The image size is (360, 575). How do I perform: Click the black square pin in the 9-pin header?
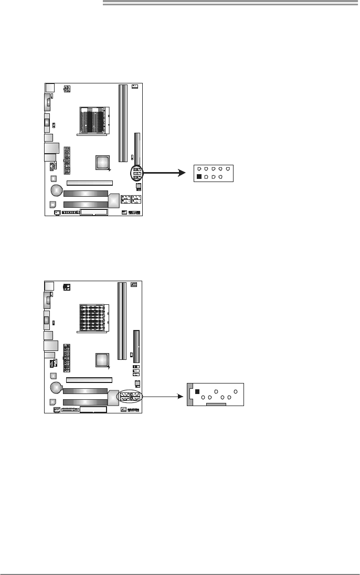pyautogui.click(x=198, y=177)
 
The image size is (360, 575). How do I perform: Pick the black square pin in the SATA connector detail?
pyautogui.click(x=197, y=392)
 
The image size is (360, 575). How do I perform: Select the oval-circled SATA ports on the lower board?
pyautogui.click(x=129, y=397)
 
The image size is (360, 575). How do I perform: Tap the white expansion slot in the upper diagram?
pyautogui.click(x=89, y=183)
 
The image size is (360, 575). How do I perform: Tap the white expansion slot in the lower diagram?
pyautogui.click(x=89, y=379)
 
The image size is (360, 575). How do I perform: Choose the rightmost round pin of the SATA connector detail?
pyautogui.click(x=236, y=392)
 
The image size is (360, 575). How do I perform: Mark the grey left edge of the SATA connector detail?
pyautogui.click(x=190, y=395)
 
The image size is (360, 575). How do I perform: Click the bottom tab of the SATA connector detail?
pyautogui.click(x=216, y=405)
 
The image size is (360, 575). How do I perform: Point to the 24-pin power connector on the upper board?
pyautogui.click(x=67, y=161)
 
